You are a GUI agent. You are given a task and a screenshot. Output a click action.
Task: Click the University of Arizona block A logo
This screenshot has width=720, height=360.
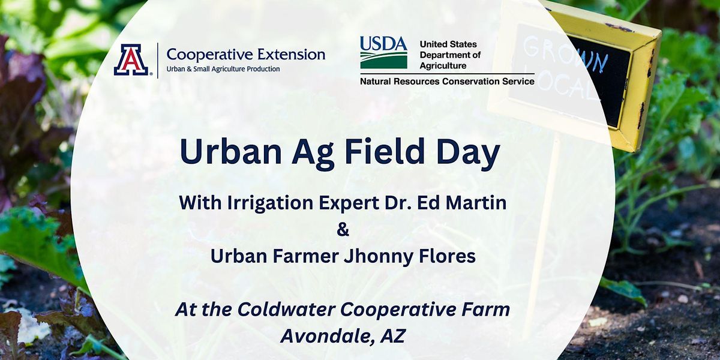131,60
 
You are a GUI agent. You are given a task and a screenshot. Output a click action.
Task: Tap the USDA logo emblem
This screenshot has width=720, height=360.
383,53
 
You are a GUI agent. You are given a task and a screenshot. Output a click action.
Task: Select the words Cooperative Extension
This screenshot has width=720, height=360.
245,55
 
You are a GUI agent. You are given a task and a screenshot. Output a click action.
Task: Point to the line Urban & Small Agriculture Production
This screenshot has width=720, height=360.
223,69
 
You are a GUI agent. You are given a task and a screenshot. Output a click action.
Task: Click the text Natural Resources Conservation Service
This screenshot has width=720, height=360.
447,81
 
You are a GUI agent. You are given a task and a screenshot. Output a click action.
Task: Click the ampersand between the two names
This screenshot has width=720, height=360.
343,230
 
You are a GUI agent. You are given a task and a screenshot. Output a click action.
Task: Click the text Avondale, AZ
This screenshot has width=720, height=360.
343,336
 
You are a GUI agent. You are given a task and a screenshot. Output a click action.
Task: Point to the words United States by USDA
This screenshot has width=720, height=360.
448,44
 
